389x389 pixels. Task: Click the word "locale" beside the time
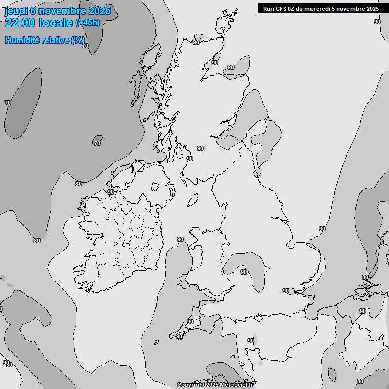(57, 23)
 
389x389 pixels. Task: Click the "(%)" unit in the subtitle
(77, 40)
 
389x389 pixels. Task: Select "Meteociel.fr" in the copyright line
(237, 385)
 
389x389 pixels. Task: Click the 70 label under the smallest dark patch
(97, 143)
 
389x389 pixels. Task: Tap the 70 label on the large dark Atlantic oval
(8, 103)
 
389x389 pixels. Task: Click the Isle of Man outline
(192, 201)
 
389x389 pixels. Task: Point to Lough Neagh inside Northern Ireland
(155, 187)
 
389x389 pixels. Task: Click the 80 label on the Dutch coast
(365, 277)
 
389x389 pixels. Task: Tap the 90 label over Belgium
(363, 311)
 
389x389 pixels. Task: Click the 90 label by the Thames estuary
(286, 291)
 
